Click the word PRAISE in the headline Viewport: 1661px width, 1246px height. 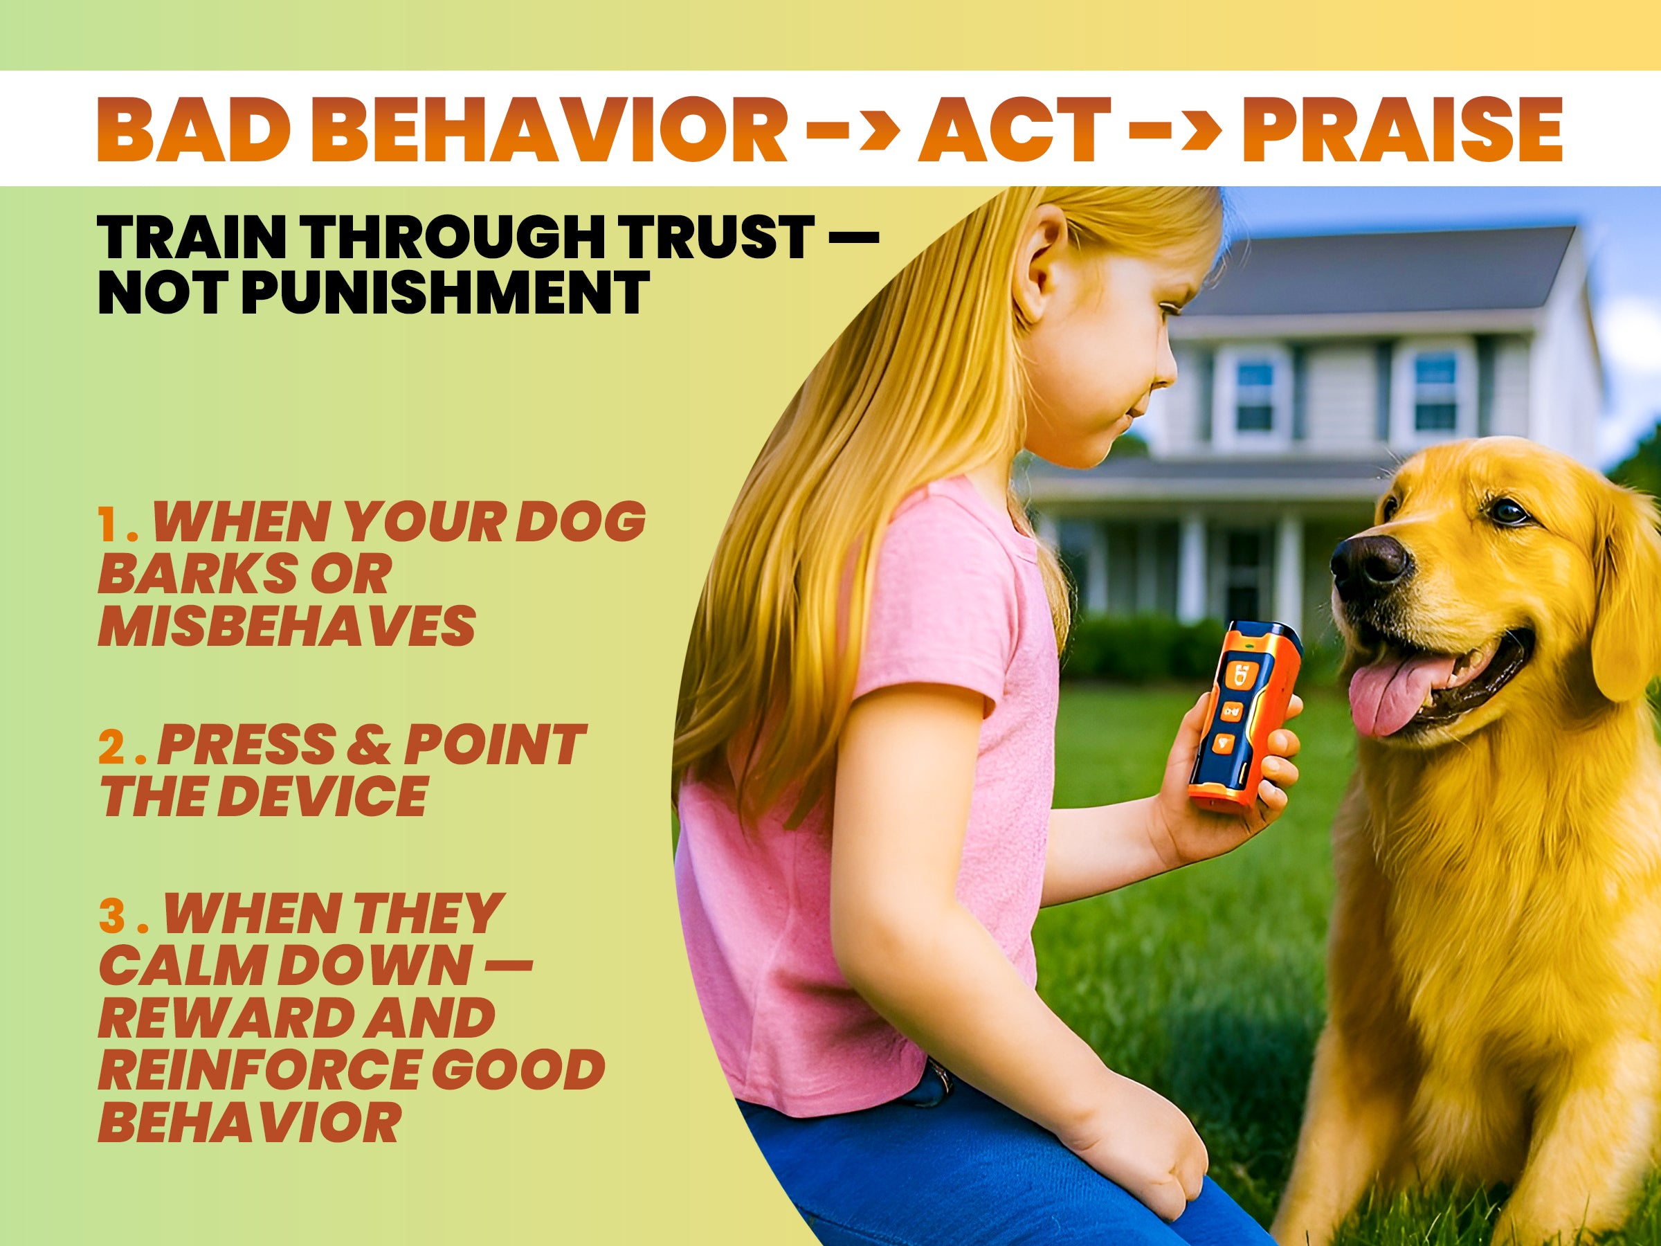[x=1402, y=129]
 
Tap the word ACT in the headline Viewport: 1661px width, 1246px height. [x=1015, y=129]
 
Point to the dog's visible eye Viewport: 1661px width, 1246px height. [x=1507, y=511]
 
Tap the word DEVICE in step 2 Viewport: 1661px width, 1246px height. [x=327, y=796]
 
